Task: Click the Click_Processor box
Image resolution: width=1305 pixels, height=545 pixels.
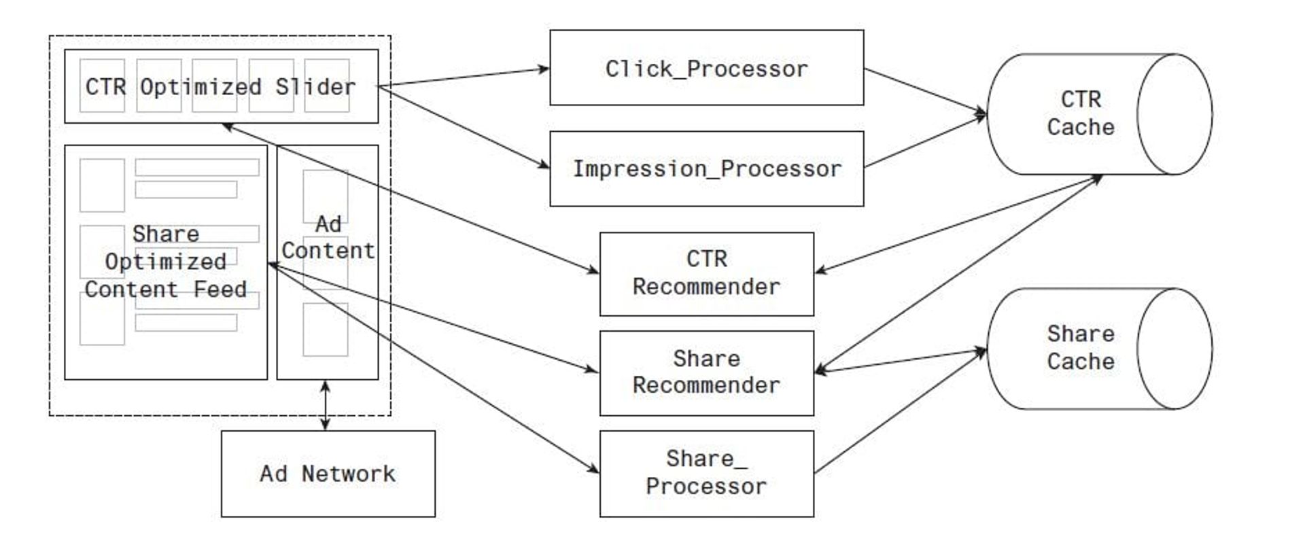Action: point(706,68)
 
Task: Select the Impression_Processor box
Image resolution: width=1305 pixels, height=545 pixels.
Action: point(706,169)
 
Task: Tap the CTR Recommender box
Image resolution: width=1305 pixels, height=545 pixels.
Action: point(706,273)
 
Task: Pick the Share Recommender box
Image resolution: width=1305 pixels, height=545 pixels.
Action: point(706,372)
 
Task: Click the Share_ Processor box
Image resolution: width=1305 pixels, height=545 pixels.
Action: point(706,473)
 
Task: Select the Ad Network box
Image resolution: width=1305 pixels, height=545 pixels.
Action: point(328,474)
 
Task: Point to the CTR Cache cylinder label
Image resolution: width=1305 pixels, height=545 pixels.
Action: point(1080,113)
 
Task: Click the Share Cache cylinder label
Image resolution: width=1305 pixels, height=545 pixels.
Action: point(1080,348)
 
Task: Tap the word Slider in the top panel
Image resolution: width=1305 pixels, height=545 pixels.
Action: point(315,87)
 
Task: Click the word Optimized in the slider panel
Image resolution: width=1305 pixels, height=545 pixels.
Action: point(201,87)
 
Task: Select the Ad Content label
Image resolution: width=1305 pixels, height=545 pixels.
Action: point(328,238)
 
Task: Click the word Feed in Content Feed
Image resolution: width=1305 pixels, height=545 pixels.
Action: point(220,289)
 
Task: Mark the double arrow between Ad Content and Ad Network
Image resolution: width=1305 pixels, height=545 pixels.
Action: point(325,405)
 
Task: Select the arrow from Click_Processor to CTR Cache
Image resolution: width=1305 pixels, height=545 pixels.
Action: point(924,90)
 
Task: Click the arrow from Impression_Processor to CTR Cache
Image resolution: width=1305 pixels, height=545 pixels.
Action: point(924,142)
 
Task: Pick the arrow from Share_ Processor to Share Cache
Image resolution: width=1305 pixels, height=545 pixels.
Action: point(901,412)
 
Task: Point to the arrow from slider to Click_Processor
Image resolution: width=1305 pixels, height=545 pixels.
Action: point(462,77)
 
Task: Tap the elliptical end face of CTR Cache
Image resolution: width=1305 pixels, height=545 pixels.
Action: point(1174,114)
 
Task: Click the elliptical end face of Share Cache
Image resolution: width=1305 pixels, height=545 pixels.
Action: point(1174,349)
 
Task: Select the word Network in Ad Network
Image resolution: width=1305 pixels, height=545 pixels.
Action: point(348,474)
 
